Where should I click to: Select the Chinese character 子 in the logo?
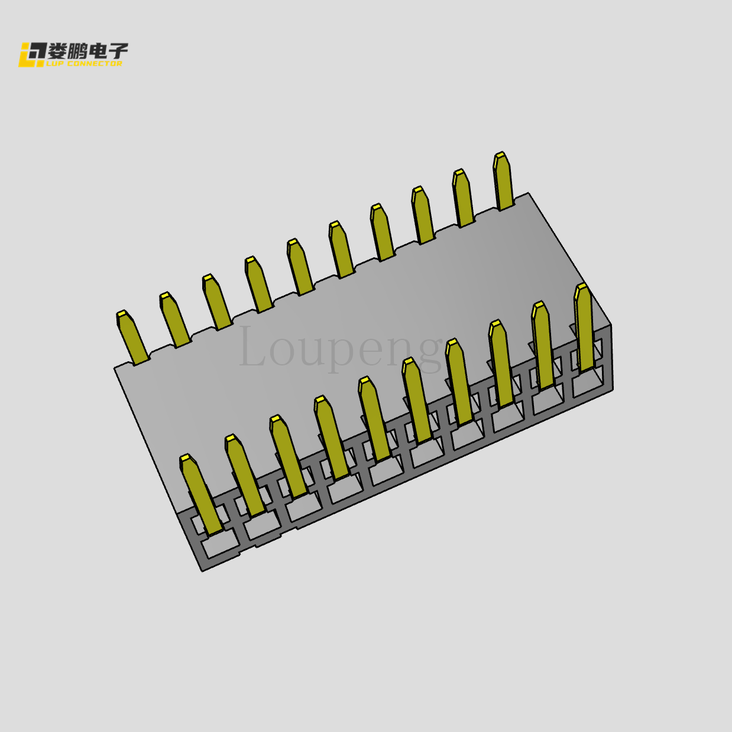(x=118, y=51)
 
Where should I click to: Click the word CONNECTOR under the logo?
(x=95, y=64)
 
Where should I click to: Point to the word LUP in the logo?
(x=56, y=64)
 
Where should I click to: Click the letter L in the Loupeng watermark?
(x=251, y=346)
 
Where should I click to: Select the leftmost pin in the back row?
(x=132, y=337)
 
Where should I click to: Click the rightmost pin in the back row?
(x=503, y=181)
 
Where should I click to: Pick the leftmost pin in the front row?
(x=201, y=494)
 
